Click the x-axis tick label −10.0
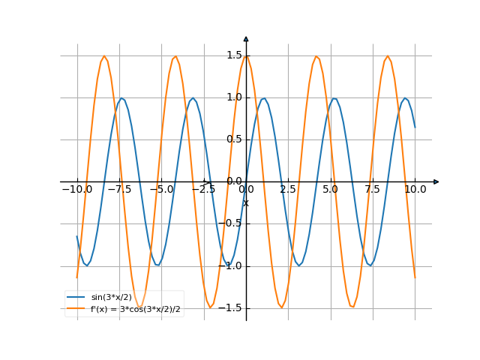click(76, 190)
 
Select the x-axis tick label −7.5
click(118, 190)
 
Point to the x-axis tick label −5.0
click(161, 190)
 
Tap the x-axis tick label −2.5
click(203, 190)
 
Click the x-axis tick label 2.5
click(288, 190)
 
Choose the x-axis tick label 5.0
click(331, 190)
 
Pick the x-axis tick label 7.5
click(373, 190)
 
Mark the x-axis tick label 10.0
click(415, 190)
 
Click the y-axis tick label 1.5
click(234, 55)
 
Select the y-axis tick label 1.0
click(234, 97)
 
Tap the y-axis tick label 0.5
click(234, 139)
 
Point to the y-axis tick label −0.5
click(231, 223)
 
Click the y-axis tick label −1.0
click(231, 265)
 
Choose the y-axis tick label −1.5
click(231, 307)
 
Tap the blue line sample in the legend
click(76, 297)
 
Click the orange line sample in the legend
click(76, 308)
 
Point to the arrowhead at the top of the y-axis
click(246, 38)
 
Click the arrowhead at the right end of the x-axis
click(436, 181)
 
